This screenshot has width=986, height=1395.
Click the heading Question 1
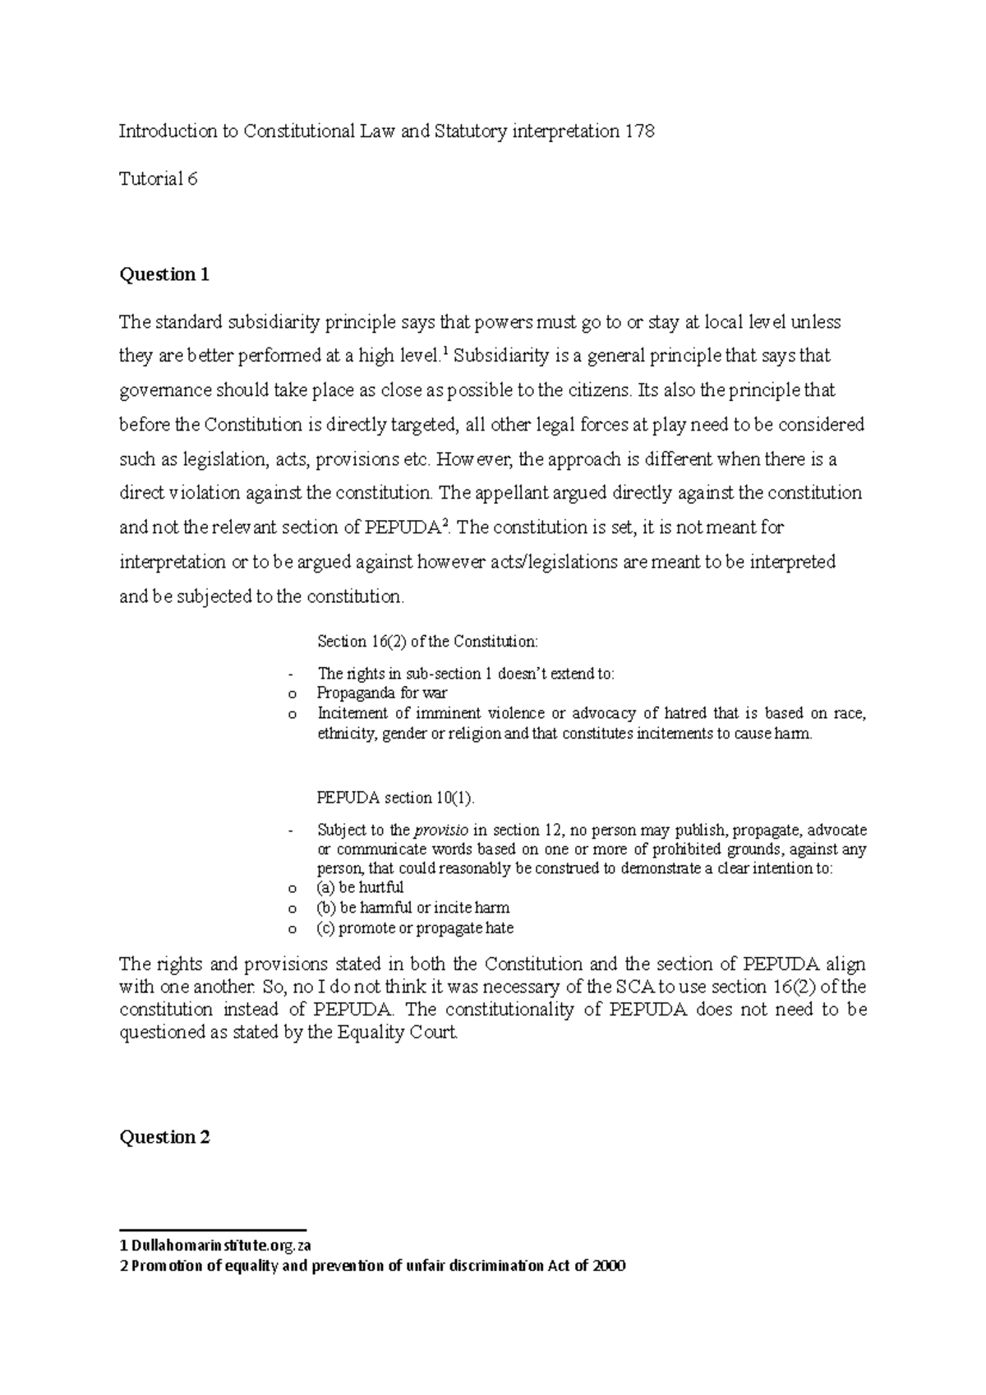[164, 274]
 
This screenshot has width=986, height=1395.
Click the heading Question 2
[164, 1137]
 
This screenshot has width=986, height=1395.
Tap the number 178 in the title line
[638, 131]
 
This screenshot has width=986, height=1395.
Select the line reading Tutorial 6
[159, 178]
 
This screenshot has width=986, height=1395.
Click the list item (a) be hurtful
[360, 887]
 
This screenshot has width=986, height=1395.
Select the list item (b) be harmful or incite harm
[412, 908]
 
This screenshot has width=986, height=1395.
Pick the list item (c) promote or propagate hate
[415, 928]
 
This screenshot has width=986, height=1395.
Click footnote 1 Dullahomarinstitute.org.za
[215, 1245]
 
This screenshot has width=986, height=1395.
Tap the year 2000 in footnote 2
[609, 1266]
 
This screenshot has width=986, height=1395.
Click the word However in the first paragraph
[475, 459]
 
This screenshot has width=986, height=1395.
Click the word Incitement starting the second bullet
[355, 713]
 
